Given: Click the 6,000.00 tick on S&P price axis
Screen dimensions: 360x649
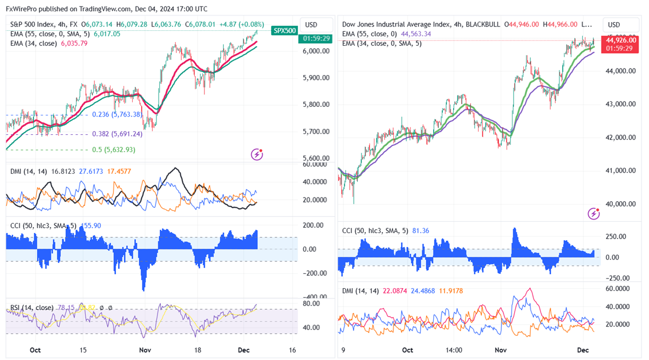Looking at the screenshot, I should [316, 51].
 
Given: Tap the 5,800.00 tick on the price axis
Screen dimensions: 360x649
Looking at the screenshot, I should [316, 104].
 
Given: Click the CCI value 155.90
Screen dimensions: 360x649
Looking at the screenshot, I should [92, 225].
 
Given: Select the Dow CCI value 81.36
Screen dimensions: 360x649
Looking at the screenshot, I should [421, 230].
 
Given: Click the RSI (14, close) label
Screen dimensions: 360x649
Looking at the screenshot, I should [32, 308].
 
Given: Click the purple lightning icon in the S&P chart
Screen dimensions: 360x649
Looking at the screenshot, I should [257, 155].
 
